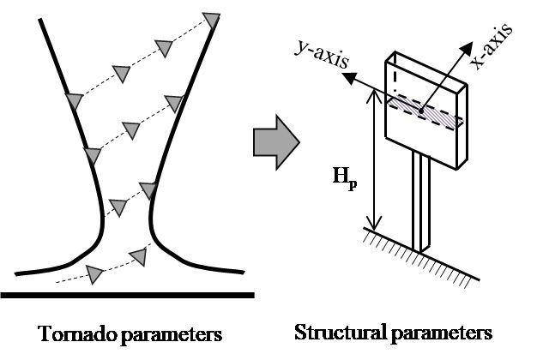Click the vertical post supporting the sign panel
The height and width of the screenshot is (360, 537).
(420, 206)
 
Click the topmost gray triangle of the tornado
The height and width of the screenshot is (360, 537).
(210, 18)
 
